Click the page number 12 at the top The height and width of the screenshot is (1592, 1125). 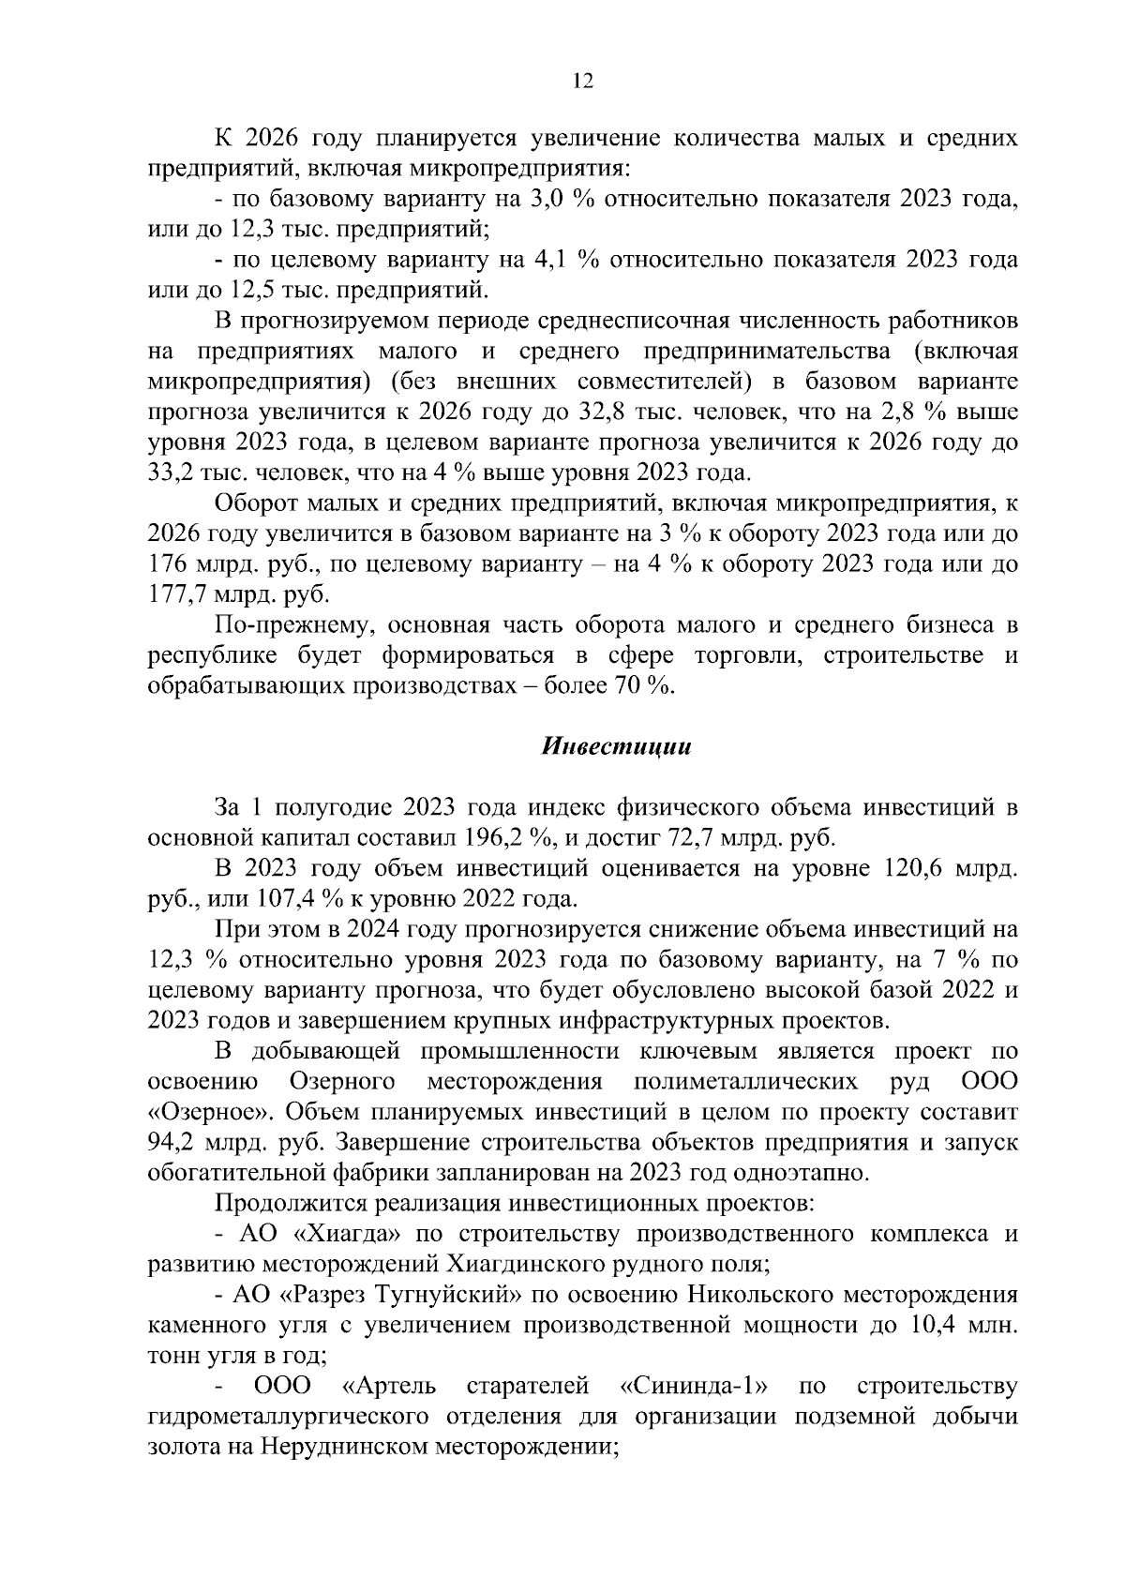point(582,82)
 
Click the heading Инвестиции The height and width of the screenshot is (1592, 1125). point(616,747)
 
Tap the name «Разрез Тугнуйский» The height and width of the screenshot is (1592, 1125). point(400,1296)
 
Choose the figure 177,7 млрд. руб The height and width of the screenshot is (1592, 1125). point(239,595)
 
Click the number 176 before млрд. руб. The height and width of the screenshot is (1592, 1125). point(169,565)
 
